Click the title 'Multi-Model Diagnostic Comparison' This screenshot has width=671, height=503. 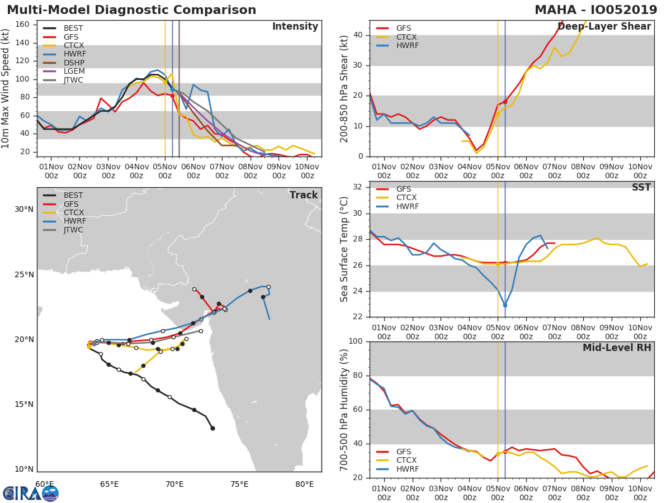[131, 10]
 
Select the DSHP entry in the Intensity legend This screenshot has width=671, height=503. [73, 63]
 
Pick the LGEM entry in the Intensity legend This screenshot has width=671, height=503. [73, 72]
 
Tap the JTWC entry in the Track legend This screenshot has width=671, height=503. [73, 230]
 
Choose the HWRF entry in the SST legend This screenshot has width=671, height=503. [407, 207]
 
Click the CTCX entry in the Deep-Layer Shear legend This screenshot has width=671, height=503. [407, 37]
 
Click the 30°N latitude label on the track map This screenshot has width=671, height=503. [24, 210]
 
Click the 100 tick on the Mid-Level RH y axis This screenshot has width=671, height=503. [355, 341]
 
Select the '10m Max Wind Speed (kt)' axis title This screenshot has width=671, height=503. [6, 90]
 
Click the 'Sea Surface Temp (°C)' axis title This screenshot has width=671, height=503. [344, 249]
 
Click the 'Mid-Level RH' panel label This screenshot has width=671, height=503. [617, 348]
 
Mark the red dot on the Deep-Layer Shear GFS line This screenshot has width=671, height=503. [505, 102]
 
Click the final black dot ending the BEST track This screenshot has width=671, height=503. [212, 429]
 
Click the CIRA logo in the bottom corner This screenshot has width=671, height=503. [31, 493]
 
